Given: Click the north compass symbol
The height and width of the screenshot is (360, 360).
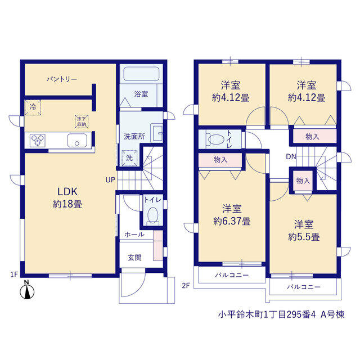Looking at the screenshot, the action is coord(27,290).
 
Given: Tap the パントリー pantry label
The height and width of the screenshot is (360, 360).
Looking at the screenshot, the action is coord(62,79).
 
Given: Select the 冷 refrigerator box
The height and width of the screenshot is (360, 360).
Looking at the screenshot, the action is coord(33,107).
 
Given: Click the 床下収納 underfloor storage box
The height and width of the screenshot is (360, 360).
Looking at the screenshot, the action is coord(82,121).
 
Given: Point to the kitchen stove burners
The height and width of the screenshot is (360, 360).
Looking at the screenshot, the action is coord(38,140).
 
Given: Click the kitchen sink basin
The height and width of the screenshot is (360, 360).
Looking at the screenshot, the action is coord(77,140).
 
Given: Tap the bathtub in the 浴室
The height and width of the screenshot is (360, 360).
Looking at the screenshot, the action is coord(141,74).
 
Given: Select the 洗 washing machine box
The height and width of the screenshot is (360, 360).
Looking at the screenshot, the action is coord(129,158).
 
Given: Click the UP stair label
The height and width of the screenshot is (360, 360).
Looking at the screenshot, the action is coord(110,180).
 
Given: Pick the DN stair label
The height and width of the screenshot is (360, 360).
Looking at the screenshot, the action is coord(291,156).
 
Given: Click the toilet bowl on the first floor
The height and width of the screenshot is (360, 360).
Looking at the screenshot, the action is coord(152,215).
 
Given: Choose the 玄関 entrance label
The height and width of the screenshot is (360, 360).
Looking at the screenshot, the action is coord(134,258).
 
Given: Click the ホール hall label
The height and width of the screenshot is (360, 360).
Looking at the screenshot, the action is coord(134,235).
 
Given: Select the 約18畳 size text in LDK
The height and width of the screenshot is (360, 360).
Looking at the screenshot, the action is coord(67,204).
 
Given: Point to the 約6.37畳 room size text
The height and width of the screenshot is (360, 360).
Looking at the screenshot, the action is coord(232,221).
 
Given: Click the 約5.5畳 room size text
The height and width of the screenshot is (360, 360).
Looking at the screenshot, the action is coord(304,237).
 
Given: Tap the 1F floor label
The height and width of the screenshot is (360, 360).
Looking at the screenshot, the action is coord(14,274).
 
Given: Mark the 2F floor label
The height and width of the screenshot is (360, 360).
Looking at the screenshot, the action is coord(186,285).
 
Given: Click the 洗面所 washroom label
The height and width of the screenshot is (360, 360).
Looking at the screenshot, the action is coord(134,136).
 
